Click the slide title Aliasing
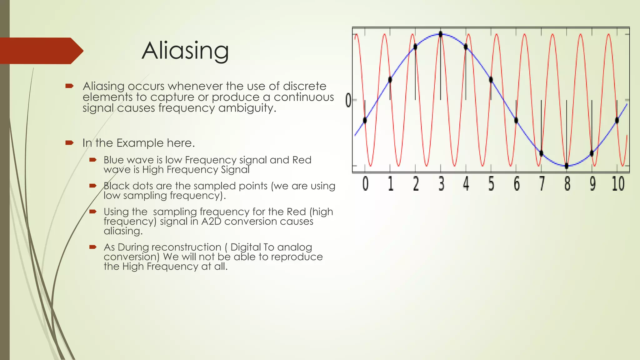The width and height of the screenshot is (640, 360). click(x=185, y=51)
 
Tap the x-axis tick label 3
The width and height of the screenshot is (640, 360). click(x=441, y=184)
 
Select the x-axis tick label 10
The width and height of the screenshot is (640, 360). click(x=618, y=184)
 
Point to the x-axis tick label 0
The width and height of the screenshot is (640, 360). click(x=365, y=184)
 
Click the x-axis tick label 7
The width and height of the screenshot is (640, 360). click(x=542, y=184)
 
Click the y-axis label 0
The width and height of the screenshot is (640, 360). click(x=348, y=101)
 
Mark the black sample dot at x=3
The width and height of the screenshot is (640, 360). click(x=441, y=34)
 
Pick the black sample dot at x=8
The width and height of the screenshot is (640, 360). click(x=567, y=166)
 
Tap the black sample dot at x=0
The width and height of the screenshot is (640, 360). click(x=365, y=120)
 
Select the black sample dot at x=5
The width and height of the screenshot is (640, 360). click(x=491, y=80)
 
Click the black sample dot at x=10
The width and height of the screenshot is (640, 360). click(x=617, y=120)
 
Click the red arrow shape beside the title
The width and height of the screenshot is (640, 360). click(x=41, y=51)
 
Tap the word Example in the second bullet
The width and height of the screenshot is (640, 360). click(x=140, y=143)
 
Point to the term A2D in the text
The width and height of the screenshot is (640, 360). click(x=211, y=221)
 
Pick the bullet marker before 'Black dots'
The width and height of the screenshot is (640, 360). click(x=93, y=186)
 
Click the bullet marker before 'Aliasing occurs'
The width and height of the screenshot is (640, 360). click(x=69, y=86)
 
